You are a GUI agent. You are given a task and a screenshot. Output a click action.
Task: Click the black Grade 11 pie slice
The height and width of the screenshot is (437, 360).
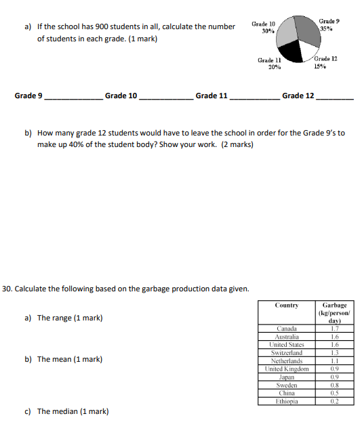coord(290,49)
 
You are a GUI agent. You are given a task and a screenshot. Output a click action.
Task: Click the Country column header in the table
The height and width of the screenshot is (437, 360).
coord(287,306)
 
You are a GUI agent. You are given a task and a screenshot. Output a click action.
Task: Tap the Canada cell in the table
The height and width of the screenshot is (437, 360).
coord(287,329)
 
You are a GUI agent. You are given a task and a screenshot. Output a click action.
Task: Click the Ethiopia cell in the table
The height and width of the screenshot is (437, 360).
coord(287,400)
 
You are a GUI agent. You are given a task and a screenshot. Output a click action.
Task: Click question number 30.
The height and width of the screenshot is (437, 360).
coord(7,289)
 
